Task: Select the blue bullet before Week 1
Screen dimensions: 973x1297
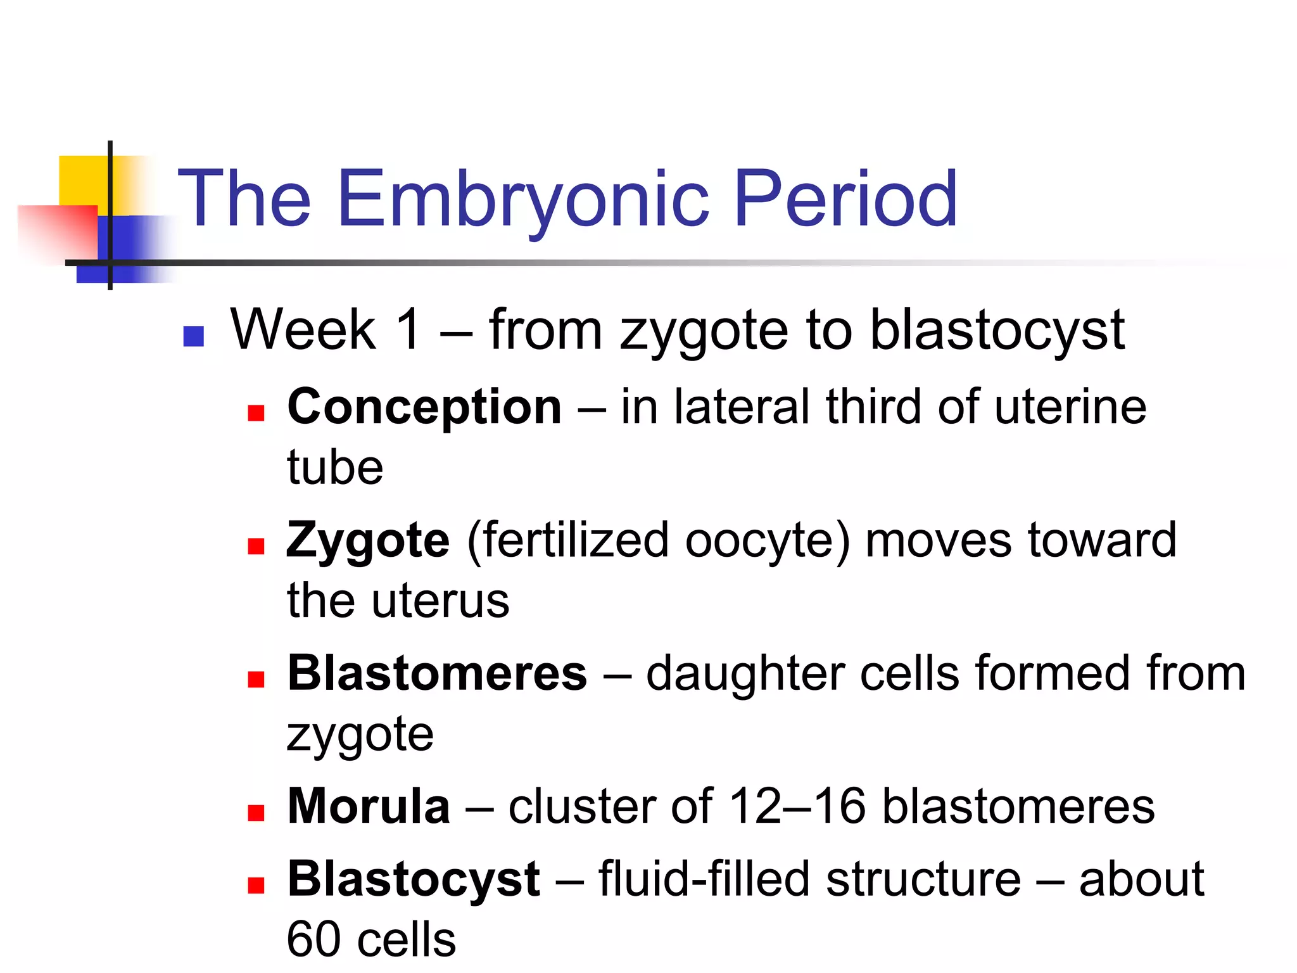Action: pyautogui.click(x=193, y=336)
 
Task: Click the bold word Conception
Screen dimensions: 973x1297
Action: pyautogui.click(x=424, y=407)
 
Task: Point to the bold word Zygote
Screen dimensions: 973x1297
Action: pyautogui.click(x=368, y=540)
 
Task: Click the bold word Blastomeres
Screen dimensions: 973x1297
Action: pyautogui.click(x=437, y=673)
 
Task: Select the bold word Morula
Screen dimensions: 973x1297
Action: pyautogui.click(x=369, y=806)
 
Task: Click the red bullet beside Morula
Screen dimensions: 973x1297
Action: pyautogui.click(x=256, y=813)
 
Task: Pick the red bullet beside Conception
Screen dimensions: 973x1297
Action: pyautogui.click(x=256, y=414)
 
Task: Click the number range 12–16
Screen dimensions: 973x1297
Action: pyautogui.click(x=797, y=806)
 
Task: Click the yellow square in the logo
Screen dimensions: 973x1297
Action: pyautogui.click(x=82, y=180)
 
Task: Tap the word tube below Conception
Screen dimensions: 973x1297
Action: pyautogui.click(x=335, y=467)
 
